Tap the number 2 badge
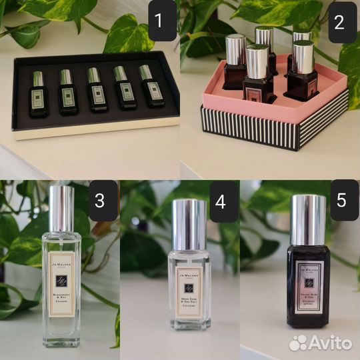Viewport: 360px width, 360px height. click(338, 22)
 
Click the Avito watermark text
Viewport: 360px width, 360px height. click(329, 343)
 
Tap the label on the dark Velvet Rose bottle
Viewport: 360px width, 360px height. click(308, 286)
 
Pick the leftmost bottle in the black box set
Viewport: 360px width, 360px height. click(38, 93)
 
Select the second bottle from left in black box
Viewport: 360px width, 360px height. click(67, 94)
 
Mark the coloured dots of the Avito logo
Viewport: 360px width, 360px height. click(298, 343)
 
